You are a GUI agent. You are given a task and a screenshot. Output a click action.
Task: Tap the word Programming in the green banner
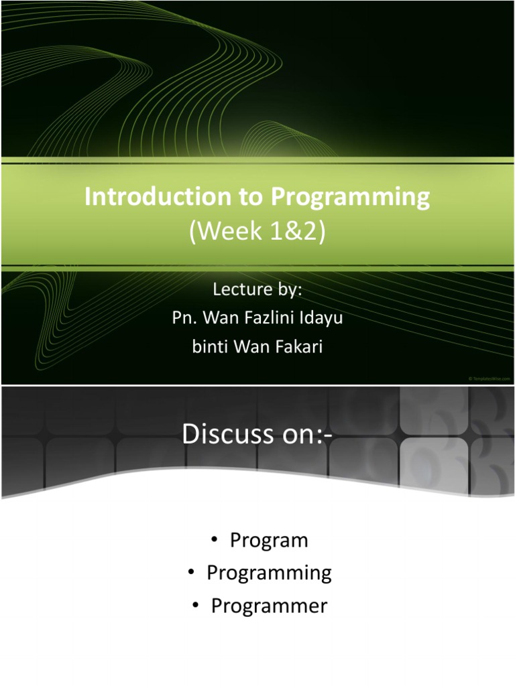(350, 198)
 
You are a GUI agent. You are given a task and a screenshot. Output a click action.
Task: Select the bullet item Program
(269, 541)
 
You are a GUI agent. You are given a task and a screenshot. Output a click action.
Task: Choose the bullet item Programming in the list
(269, 573)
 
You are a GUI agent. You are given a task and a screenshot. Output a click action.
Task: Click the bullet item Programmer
(269, 606)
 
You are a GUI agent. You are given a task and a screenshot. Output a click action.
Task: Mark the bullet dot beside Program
(214, 541)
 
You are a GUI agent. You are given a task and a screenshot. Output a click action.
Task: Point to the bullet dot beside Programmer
(195, 607)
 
